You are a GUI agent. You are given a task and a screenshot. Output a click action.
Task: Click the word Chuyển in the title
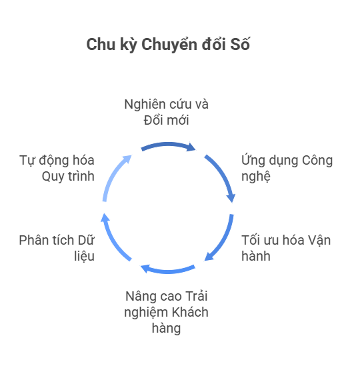tap(169, 45)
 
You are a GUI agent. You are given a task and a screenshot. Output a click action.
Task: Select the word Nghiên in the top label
tap(144, 105)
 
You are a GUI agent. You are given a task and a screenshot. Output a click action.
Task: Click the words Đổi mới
tap(166, 120)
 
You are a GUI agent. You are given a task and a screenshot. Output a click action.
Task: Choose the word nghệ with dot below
tap(256, 177)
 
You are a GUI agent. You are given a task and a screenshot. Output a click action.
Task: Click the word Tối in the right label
tap(250, 240)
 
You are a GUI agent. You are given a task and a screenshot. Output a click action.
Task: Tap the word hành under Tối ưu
tap(256, 256)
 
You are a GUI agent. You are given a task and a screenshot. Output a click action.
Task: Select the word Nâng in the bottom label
tap(139, 297)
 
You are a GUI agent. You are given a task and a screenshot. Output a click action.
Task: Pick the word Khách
tap(190, 313)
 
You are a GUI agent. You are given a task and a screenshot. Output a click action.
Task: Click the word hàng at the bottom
tap(166, 329)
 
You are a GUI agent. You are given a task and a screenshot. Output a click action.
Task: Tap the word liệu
tap(84, 256)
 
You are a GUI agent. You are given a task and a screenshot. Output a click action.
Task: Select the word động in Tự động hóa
tap(53, 161)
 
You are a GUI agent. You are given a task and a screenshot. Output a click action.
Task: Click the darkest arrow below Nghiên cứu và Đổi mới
tap(168, 145)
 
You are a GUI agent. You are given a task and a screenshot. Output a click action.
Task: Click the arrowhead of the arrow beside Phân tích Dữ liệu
tap(105, 217)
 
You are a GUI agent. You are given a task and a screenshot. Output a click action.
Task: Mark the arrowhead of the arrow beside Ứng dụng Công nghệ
tap(231, 198)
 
